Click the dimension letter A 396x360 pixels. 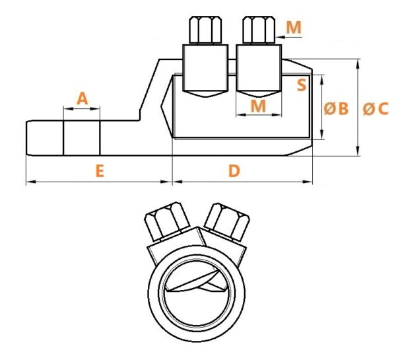[82, 98]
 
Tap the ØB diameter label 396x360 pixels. [336, 108]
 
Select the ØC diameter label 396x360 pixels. [376, 109]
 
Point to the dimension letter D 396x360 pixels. [234, 170]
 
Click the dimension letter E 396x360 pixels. [100, 170]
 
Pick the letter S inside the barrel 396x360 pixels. [302, 85]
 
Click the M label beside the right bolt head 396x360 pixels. [294, 27]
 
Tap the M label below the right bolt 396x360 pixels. [258, 106]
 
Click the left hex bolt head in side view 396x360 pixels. [205, 30]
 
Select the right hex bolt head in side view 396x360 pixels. [259, 30]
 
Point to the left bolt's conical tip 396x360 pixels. [205, 94]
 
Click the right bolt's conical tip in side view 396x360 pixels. [259, 94]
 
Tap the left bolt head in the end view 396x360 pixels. [167, 221]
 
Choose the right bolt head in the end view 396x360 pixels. [227, 222]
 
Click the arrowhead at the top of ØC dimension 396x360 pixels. [358, 63]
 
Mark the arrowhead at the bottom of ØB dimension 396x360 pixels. [322, 134]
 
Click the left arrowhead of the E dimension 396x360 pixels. [31, 182]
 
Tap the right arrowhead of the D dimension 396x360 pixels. [308, 182]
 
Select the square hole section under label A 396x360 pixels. [82, 138]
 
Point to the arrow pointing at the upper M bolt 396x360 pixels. [288, 37]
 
